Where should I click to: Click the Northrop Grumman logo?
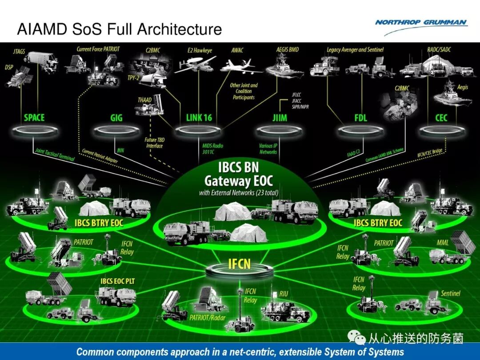pos(421,23)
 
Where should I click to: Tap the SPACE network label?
pos(34,118)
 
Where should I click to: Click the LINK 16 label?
pos(199,118)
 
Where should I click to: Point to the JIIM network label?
pos(280,118)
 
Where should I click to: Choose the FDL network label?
pos(360,118)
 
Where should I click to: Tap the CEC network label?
pos(441,118)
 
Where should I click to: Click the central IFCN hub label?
pos(240,264)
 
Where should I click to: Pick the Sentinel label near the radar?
pos(450,294)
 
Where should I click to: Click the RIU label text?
pos(284,294)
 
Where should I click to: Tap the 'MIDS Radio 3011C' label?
pos(212,149)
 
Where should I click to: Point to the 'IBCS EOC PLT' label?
pos(117,281)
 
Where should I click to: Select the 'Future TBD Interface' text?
pos(154,143)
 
